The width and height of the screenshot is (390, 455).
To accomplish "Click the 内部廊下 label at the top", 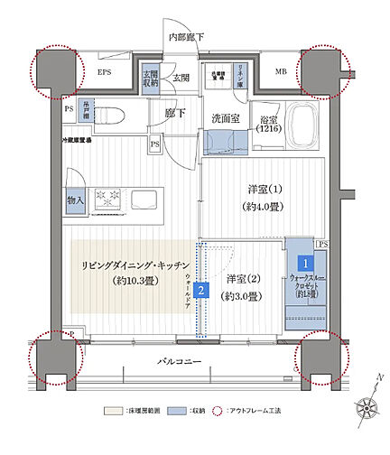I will click(187, 36).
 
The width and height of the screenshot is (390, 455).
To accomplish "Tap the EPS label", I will click(105, 71).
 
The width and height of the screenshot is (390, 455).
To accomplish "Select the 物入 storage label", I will click(76, 200).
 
